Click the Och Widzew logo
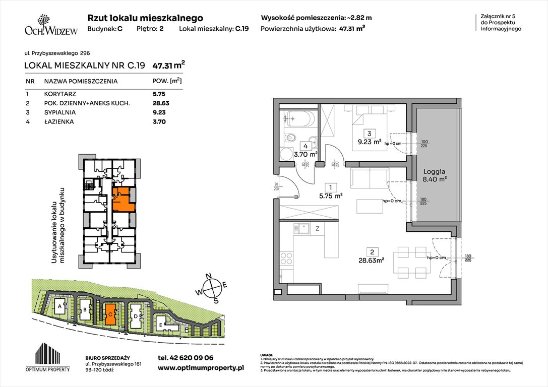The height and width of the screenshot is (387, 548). tap(51, 25)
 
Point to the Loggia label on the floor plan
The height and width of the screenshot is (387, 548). tap(434, 170)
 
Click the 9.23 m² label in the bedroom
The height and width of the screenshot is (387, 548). tap(371, 143)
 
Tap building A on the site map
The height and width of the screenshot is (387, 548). tap(60, 306)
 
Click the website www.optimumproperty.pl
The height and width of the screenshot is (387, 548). tap(201, 368)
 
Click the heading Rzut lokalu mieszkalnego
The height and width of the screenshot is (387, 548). tap(145, 18)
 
